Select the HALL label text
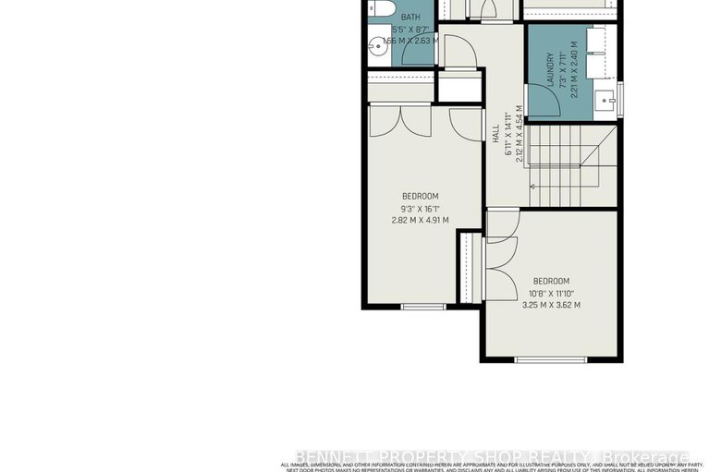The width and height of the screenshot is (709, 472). click(x=495, y=133)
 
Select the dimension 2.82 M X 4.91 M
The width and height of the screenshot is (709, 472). click(x=420, y=220)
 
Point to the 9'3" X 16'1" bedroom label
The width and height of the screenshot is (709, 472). click(x=420, y=208)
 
